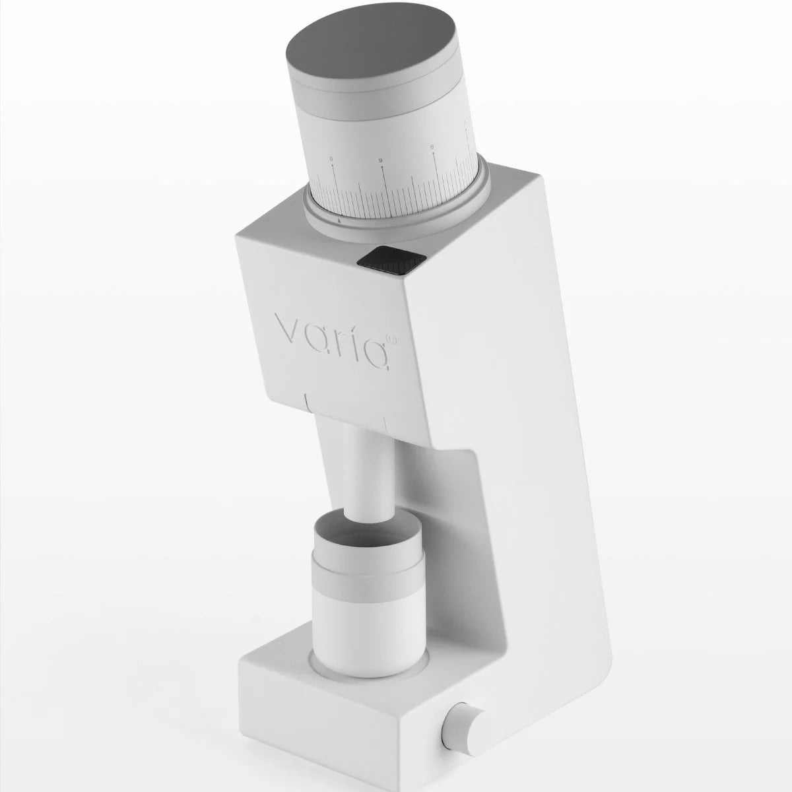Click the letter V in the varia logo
coord(286,328)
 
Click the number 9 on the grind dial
coord(381,160)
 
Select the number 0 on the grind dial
coord(331,159)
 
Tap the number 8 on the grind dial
coord(432,148)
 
